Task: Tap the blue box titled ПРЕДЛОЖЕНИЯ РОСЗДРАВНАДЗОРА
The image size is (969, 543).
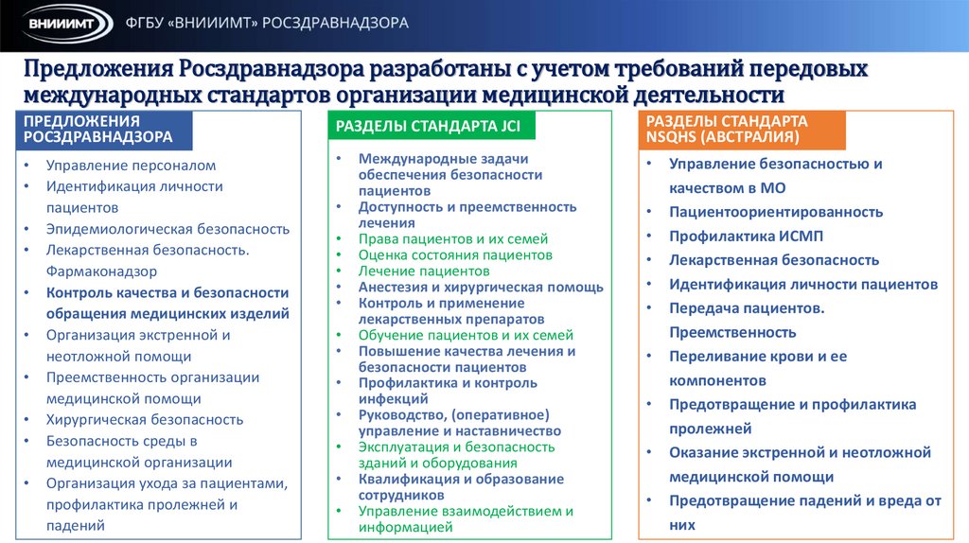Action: [105, 129]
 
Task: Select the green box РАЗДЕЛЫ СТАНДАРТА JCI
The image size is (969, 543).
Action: [430, 127]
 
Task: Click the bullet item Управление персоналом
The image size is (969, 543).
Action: [132, 165]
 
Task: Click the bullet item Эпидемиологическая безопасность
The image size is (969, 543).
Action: [167, 229]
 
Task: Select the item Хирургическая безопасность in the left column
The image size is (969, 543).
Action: [145, 419]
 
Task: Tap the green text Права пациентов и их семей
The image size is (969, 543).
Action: [453, 239]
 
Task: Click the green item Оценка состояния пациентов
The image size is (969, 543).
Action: [455, 255]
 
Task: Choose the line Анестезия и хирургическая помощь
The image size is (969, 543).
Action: [481, 288]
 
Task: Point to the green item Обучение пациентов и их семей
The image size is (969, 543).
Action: [466, 335]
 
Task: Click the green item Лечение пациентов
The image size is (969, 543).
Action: [423, 271]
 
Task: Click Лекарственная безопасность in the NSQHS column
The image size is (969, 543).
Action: [774, 260]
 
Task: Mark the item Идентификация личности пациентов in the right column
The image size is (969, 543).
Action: [803, 284]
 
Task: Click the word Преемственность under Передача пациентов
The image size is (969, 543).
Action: [732, 332]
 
